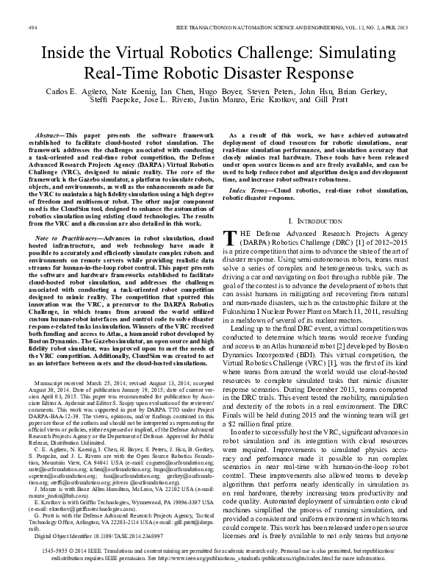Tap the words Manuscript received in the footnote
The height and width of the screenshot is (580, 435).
[73, 384]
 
